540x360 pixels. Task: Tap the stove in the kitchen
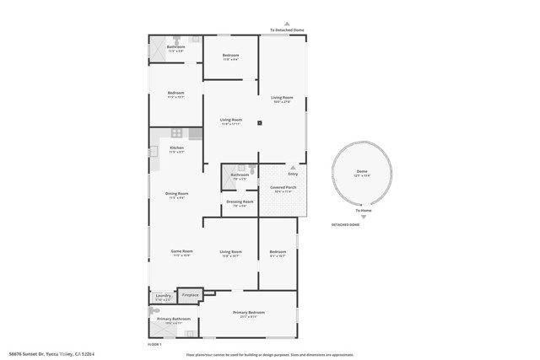(177, 132)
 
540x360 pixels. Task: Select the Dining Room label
(176, 195)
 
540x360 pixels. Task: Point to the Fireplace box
(190, 295)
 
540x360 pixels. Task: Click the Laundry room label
(163, 296)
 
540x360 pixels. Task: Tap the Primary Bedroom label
(250, 314)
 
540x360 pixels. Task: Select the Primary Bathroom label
(173, 320)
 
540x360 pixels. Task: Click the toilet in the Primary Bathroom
(154, 310)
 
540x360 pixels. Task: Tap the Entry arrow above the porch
(293, 168)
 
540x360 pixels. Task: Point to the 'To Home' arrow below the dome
(362, 205)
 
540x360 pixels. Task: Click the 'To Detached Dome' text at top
(287, 30)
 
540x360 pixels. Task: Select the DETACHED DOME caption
(345, 225)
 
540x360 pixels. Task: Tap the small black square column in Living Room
(260, 123)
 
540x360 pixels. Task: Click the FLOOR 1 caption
(154, 344)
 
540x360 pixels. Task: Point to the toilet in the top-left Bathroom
(176, 40)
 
